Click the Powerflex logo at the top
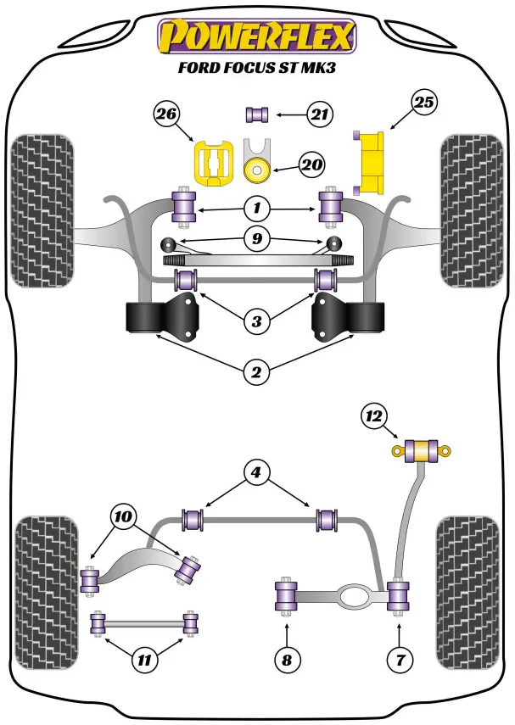pos(257,36)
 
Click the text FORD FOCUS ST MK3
pos(257,69)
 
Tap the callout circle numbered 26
pos(168,114)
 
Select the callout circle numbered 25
pos(424,103)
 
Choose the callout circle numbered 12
pos(373,415)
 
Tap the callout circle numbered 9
pos(256,240)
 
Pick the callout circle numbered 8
pos(287,658)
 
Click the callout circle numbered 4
pos(257,474)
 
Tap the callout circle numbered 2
pos(257,371)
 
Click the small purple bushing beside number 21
pos(256,113)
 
